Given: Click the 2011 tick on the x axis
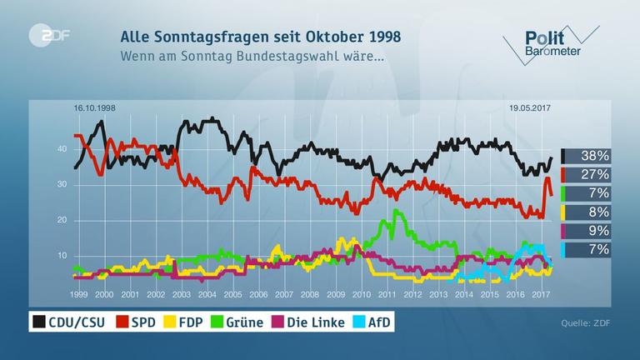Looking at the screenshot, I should point(387,295).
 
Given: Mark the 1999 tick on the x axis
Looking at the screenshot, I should point(79,295).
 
